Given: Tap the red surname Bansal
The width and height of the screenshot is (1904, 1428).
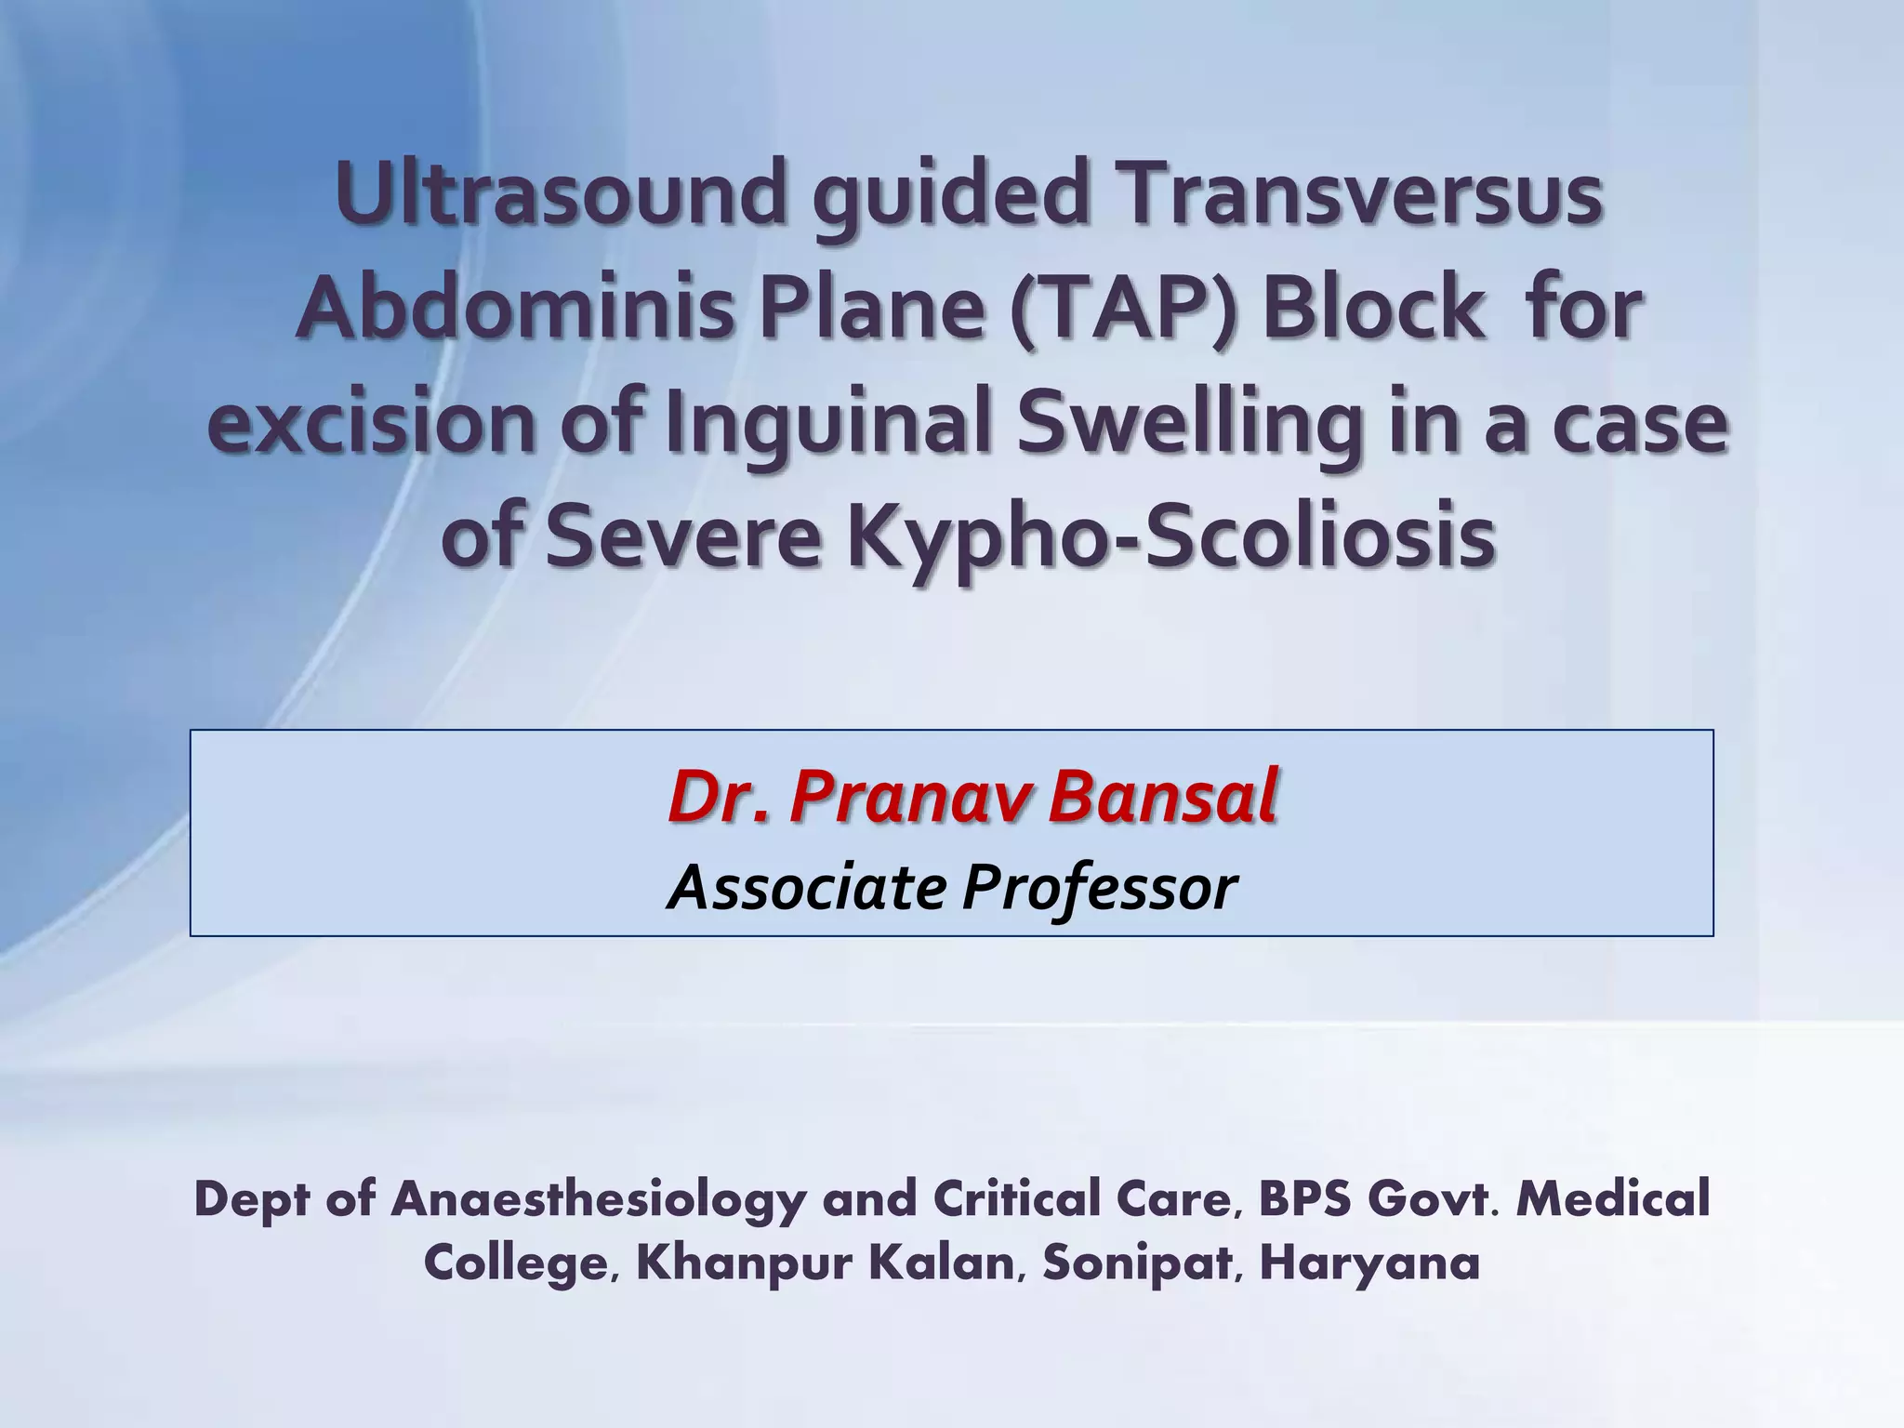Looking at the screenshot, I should pos(1162,797).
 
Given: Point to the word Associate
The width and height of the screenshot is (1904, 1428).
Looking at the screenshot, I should pos(806,888).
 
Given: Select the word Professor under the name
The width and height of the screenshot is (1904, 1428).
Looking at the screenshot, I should pos(1100,888).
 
